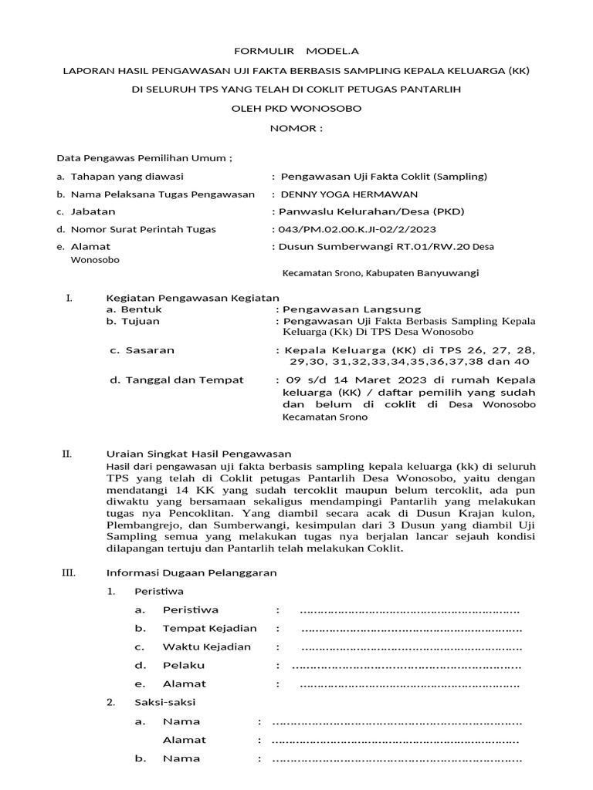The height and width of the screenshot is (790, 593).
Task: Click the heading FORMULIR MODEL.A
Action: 296,50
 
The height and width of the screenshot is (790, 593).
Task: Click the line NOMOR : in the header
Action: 296,127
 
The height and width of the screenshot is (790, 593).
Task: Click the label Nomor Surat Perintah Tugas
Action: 143,229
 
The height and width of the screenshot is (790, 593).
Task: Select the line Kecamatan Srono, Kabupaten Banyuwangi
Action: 381,273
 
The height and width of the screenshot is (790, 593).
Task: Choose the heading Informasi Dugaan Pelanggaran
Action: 191,572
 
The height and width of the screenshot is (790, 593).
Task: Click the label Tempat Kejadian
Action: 209,628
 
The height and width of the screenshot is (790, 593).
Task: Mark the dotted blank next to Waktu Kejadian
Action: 411,647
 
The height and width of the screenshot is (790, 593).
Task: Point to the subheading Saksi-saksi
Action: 165,702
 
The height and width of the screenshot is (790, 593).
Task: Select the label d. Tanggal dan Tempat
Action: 176,380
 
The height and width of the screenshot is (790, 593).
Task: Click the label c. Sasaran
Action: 142,350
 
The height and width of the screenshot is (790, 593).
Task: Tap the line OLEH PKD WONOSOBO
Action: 296,109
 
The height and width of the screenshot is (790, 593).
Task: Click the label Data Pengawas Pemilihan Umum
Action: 144,158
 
